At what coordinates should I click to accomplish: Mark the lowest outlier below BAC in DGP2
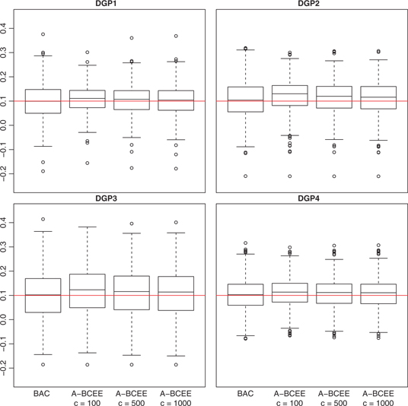click(x=245, y=176)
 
